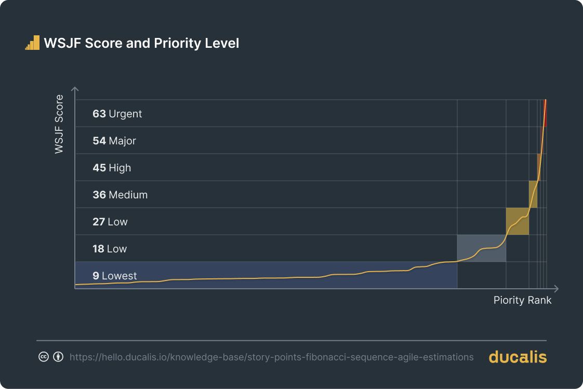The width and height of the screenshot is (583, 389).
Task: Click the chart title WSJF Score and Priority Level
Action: click(141, 43)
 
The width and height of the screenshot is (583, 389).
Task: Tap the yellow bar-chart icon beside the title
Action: click(32, 43)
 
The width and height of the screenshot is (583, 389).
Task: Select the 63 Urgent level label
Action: click(117, 114)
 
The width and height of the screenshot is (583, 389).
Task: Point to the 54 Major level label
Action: click(114, 141)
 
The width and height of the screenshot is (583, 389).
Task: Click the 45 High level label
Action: click(111, 168)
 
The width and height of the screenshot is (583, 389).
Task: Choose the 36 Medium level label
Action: click(120, 195)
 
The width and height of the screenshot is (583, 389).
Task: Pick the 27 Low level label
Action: click(110, 222)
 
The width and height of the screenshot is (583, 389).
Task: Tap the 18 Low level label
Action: click(109, 249)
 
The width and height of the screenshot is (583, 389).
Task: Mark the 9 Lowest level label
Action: click(114, 276)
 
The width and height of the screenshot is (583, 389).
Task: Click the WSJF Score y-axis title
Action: click(59, 124)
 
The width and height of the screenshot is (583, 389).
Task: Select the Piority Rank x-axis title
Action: click(522, 300)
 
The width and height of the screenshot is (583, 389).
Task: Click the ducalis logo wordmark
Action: click(518, 357)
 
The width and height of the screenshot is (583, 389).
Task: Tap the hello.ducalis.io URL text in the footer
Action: click(271, 357)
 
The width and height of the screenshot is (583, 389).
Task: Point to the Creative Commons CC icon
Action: click(44, 357)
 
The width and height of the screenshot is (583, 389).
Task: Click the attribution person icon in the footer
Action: click(58, 357)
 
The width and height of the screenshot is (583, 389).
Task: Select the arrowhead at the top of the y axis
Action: click(75, 89)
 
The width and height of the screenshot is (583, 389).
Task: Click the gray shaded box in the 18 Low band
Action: click(481, 248)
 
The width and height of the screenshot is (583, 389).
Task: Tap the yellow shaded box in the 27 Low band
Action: click(517, 221)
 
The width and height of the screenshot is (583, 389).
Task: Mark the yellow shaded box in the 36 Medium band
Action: click(533, 194)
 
